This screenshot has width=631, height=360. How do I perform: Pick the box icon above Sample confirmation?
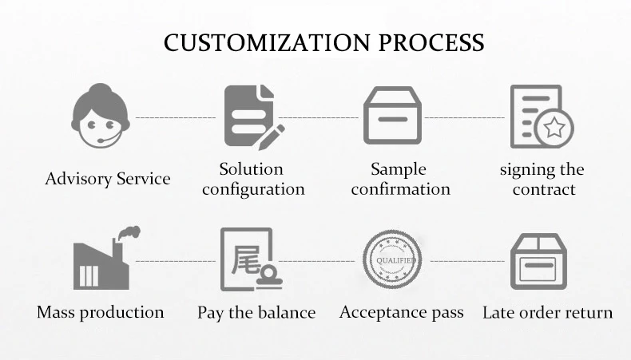[392, 116]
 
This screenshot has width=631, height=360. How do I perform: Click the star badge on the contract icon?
[555, 127]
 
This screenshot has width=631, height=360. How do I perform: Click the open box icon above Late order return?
[538, 261]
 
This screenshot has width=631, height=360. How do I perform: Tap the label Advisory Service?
[108, 178]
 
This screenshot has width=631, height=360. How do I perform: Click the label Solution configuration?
[253, 180]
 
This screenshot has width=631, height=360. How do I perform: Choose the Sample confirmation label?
[399, 180]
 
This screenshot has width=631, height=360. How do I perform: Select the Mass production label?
[101, 312]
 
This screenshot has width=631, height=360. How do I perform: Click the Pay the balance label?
[256, 312]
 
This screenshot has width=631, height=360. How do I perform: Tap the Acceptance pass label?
[401, 312]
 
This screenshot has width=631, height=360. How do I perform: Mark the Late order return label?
[547, 312]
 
